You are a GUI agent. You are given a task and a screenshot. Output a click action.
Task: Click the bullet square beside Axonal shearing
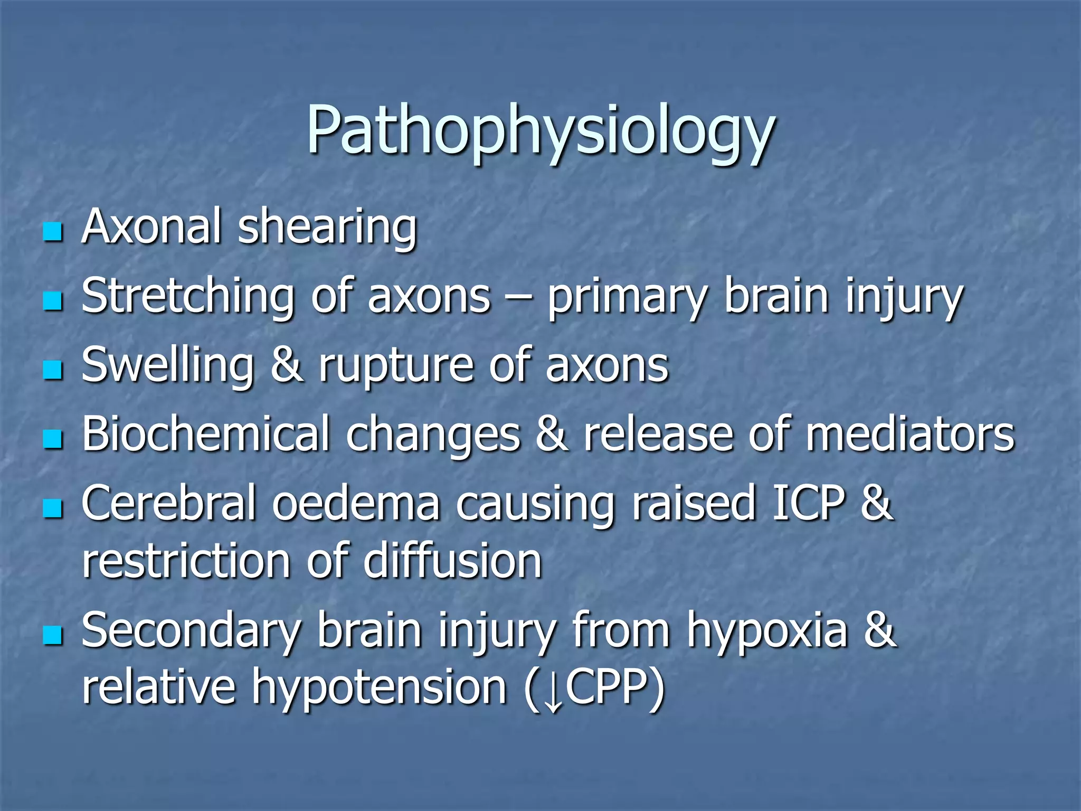click(x=53, y=232)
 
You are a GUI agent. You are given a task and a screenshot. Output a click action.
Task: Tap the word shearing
click(x=327, y=228)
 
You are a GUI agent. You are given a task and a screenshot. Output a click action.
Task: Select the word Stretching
click(x=187, y=297)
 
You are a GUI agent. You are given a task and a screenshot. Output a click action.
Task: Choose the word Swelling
click(x=168, y=366)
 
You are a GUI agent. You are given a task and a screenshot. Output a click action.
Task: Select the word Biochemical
click(x=206, y=434)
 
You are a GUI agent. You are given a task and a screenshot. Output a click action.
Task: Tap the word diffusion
click(x=453, y=561)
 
